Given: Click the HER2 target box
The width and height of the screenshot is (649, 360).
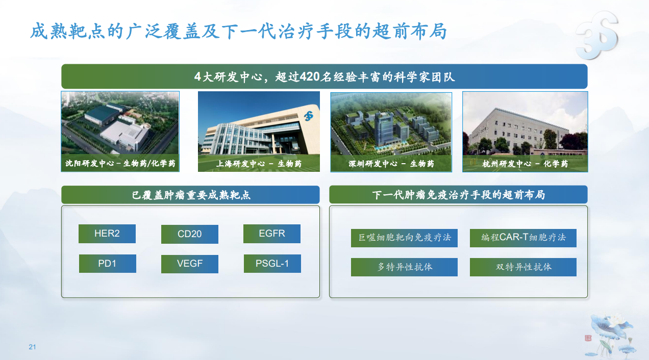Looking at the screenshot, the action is [107, 234].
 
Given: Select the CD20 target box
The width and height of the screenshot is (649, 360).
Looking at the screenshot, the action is [189, 234].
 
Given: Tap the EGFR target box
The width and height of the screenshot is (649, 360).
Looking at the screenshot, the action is [272, 234].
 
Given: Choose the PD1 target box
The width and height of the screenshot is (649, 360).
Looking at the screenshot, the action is [108, 264].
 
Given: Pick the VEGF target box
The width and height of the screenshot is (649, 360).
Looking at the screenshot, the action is [189, 264].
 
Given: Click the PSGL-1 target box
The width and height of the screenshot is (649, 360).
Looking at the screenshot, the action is [272, 264].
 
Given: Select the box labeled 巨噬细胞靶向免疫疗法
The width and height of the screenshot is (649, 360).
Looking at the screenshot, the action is [404, 238].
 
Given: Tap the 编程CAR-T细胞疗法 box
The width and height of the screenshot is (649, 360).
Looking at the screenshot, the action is [523, 238].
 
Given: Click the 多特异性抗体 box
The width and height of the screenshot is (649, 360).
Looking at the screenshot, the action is [404, 267].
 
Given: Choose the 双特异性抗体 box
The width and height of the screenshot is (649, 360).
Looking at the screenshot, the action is [523, 267].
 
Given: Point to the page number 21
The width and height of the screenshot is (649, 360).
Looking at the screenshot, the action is [32, 347].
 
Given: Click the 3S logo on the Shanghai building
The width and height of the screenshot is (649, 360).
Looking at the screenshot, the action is [309, 116].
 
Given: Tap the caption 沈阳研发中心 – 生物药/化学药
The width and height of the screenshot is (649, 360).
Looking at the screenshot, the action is [120, 163].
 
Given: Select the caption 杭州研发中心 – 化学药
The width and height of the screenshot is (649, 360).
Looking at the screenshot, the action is [525, 164].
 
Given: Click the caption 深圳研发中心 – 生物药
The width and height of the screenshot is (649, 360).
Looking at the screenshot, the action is [391, 164].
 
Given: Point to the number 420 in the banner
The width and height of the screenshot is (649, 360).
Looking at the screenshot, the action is [309, 77].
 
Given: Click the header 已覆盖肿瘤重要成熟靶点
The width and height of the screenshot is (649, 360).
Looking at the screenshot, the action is [191, 195].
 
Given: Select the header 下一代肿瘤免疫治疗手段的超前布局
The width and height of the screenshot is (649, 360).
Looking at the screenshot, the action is [458, 195].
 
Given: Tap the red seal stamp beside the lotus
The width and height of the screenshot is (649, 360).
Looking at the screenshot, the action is [588, 338].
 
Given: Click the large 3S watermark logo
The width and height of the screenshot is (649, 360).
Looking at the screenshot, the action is [597, 35].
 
